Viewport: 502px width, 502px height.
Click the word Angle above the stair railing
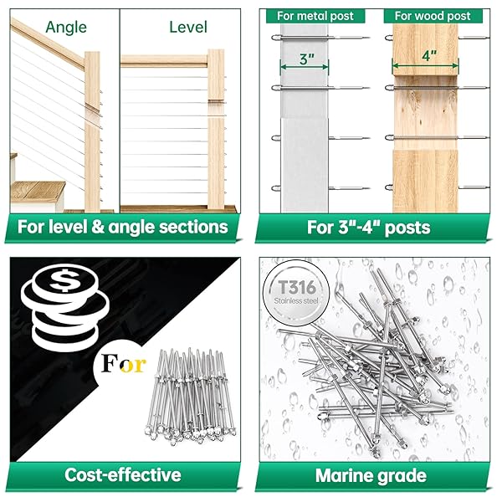click(66, 28)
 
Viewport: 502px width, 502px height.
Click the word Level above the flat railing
click(188, 28)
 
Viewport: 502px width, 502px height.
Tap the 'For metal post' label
click(315, 16)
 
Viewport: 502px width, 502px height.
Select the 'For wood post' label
click(433, 16)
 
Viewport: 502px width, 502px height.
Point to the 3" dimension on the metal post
click(307, 59)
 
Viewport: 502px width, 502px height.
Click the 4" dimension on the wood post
click(429, 56)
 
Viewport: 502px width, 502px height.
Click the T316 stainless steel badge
click(296, 293)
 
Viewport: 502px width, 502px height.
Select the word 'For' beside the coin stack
click(124, 364)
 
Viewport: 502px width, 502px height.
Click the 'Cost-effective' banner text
click(123, 474)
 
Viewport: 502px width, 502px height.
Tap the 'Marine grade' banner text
click(371, 475)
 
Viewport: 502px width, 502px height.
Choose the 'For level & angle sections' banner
click(123, 227)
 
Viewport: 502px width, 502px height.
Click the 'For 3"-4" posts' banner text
click(368, 228)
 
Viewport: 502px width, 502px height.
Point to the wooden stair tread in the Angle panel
click(38, 191)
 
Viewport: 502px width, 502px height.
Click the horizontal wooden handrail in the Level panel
click(164, 61)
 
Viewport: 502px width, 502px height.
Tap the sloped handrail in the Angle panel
click(48, 43)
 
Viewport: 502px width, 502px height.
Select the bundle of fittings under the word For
click(191, 397)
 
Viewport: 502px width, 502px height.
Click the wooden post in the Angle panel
click(92, 131)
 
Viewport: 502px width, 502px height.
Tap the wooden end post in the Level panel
click(216, 129)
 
